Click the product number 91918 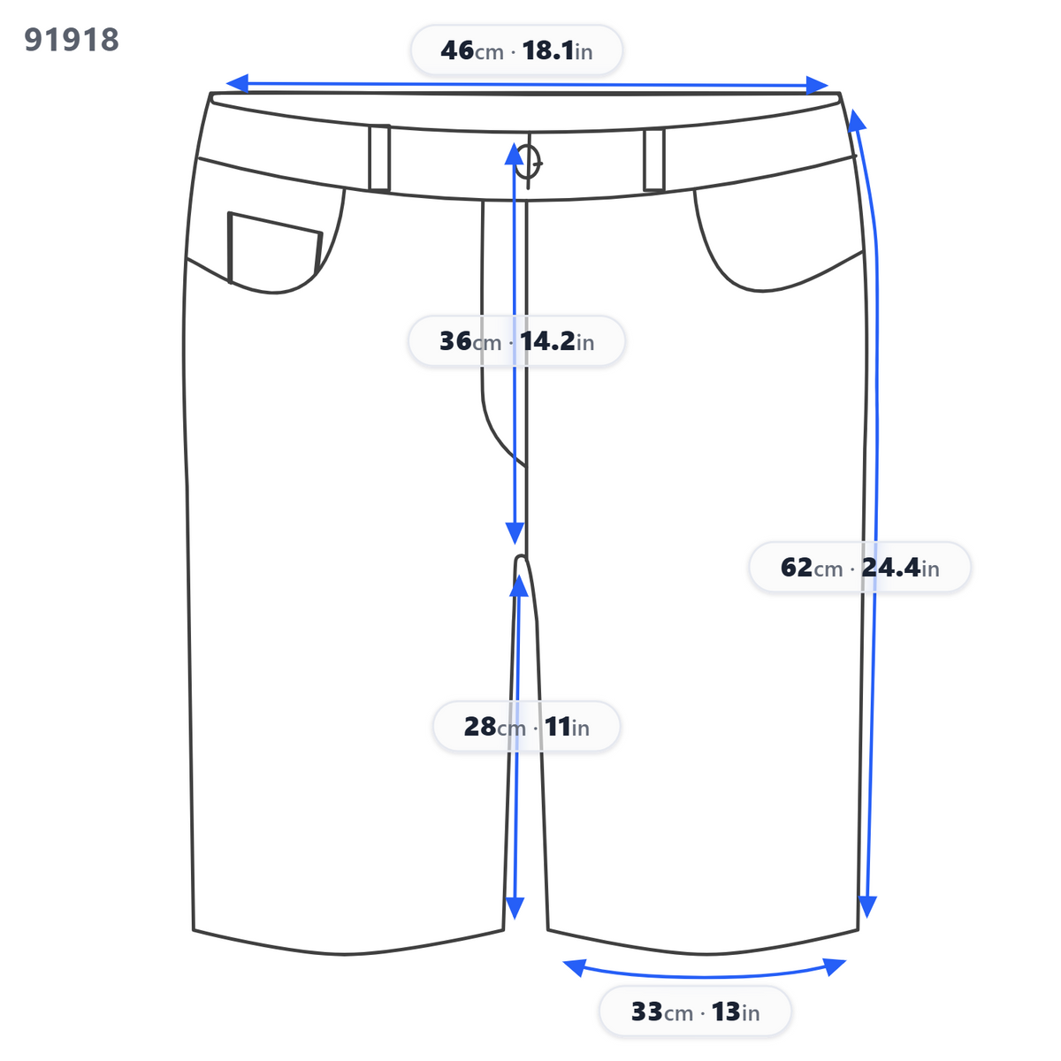pyautogui.click(x=72, y=40)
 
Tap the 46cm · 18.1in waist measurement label pyautogui.click(x=516, y=50)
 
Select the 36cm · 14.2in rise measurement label pyautogui.click(x=516, y=340)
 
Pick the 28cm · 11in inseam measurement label pyautogui.click(x=526, y=726)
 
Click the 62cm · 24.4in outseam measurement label pyautogui.click(x=859, y=567)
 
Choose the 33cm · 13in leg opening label pyautogui.click(x=695, y=1011)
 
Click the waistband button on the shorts pyautogui.click(x=529, y=162)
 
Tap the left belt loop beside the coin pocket pyautogui.click(x=379, y=158)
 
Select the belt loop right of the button pyautogui.click(x=654, y=160)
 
